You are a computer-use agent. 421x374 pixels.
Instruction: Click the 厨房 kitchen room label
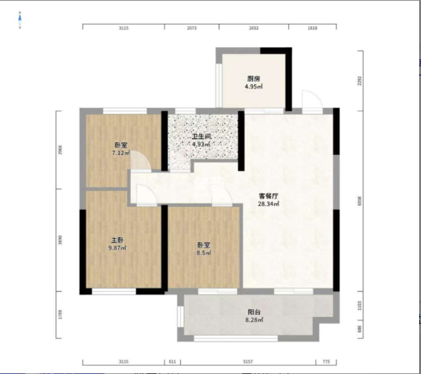pos(253,78)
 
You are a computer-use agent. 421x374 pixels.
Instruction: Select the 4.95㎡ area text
pos(253,86)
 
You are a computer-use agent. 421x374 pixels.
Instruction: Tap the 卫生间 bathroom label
pos(201,136)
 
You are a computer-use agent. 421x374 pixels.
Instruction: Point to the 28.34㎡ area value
pos(268,203)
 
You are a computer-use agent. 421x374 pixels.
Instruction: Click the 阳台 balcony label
pos(254,312)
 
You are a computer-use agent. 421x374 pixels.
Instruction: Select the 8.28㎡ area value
pos(254,320)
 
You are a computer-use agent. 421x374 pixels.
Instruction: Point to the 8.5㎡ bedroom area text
pos(204,253)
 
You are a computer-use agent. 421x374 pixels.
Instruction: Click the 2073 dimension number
pos(191,28)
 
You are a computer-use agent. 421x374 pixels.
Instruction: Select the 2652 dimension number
pos(253,28)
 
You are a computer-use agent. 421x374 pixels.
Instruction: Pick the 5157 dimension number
pos(248,362)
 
